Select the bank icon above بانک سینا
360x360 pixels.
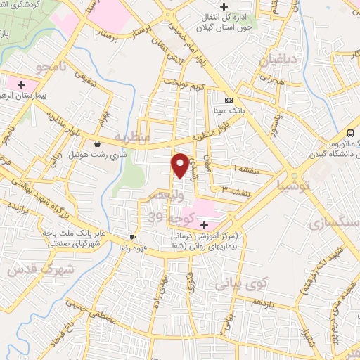228,100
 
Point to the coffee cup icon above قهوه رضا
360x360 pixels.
131,238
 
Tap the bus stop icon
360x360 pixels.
351,134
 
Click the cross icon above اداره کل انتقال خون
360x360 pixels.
224,7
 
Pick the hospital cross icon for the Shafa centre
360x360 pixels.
204,225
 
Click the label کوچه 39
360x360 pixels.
163,219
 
